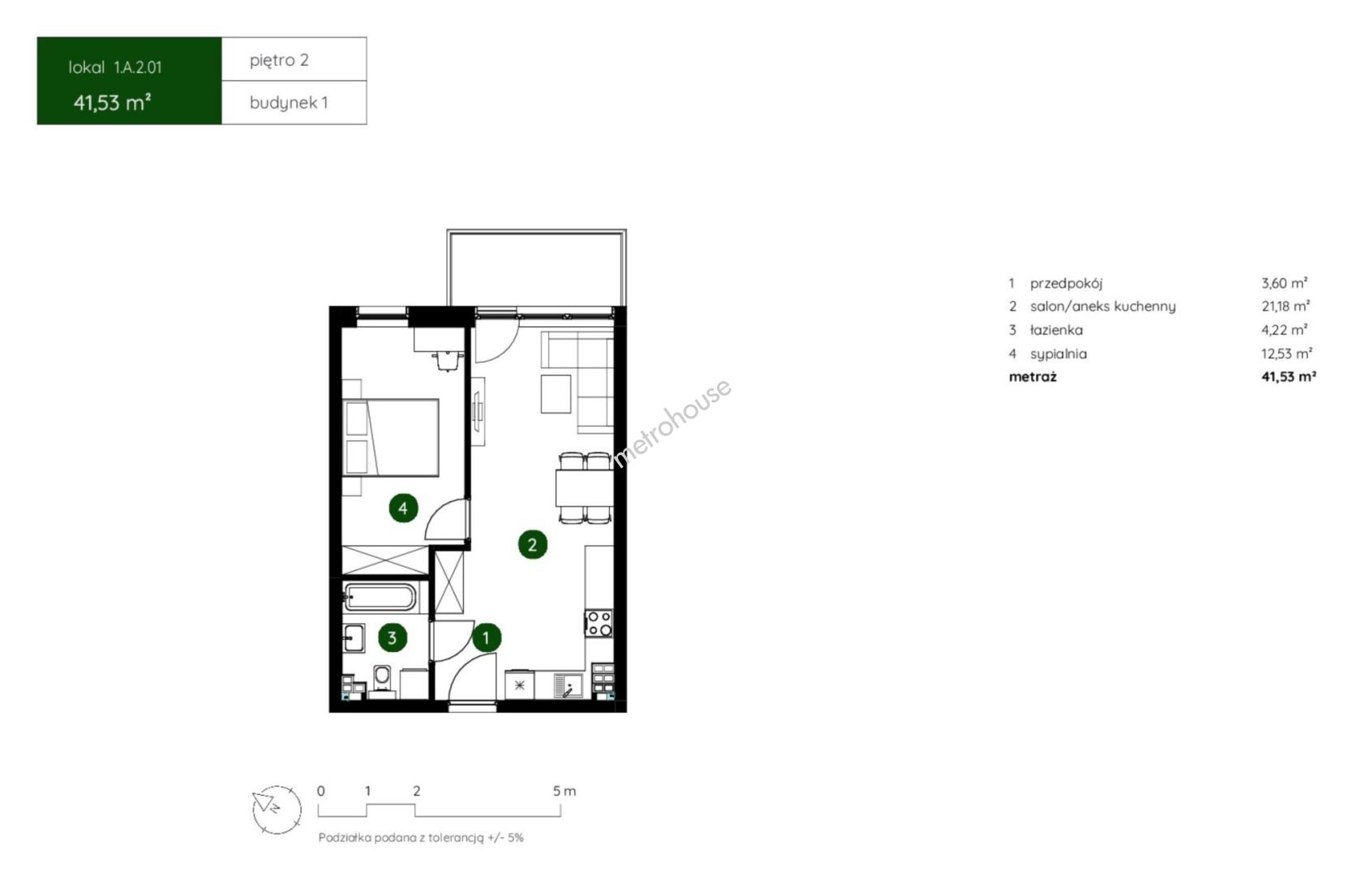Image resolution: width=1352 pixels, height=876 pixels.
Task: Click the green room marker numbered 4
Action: click(403, 508)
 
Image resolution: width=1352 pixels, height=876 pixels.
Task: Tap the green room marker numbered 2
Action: click(532, 544)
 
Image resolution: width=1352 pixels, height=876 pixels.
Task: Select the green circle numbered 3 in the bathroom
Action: click(393, 637)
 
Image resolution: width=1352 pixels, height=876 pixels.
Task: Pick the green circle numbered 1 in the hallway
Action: click(487, 638)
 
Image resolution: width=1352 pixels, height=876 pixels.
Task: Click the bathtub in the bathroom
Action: click(380, 597)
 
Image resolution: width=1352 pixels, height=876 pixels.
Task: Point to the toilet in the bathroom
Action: click(382, 679)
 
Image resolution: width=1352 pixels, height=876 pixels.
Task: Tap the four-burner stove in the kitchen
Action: click(599, 624)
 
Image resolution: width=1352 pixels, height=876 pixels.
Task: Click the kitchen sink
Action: click(568, 686)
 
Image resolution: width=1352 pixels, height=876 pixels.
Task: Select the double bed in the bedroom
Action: click(390, 438)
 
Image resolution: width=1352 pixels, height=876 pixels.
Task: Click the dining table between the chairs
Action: click(584, 488)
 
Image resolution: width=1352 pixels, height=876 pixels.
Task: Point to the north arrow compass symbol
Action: click(277, 809)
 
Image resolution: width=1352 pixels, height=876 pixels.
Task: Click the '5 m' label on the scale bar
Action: click(564, 791)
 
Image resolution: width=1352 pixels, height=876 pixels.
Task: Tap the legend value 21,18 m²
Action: click(1285, 306)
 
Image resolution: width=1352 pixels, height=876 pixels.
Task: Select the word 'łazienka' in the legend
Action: click(1056, 330)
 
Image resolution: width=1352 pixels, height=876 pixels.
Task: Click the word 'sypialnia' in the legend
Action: click(1058, 354)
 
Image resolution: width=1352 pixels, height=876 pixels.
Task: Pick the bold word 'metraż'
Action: click(1032, 376)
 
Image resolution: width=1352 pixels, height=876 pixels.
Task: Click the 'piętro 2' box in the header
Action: click(294, 59)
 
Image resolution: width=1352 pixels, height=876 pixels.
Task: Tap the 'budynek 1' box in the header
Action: click(294, 103)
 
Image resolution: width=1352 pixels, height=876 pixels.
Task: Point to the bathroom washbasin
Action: click(354, 638)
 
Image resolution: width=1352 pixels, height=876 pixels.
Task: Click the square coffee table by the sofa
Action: click(556, 393)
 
